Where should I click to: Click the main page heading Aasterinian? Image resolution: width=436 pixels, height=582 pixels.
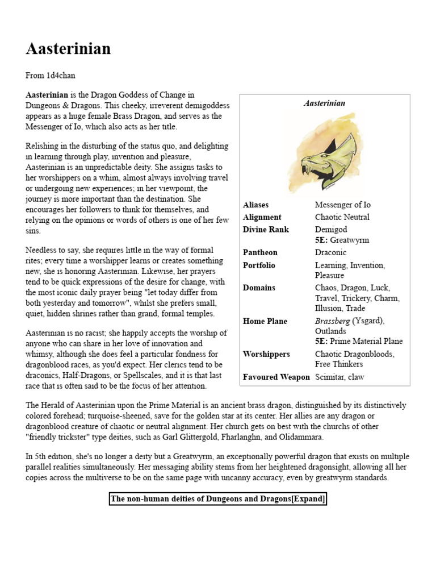coord(68,49)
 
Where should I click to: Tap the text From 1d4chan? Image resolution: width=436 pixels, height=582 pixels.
coord(51,75)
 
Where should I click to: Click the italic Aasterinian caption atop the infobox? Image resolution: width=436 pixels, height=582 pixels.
coord(324,103)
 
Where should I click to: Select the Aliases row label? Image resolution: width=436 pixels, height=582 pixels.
coord(255,205)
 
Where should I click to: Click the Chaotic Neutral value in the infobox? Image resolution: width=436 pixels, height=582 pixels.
coord(342,217)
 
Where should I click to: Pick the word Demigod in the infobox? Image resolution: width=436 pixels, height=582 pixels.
coord(330,230)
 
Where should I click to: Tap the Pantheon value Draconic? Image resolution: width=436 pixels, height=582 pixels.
coord(330,252)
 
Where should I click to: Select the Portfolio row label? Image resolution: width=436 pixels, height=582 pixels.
coord(259,265)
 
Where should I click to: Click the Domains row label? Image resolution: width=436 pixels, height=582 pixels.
coord(259,288)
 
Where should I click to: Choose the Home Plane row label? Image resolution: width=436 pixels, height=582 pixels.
coord(265,321)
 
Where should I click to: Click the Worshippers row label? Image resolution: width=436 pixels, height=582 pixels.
coord(266,354)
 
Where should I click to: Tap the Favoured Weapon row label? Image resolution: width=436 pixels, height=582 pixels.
coord(276,377)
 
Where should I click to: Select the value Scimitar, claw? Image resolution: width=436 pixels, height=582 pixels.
coord(339,377)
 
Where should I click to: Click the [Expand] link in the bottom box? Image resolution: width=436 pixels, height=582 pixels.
coord(309,499)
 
